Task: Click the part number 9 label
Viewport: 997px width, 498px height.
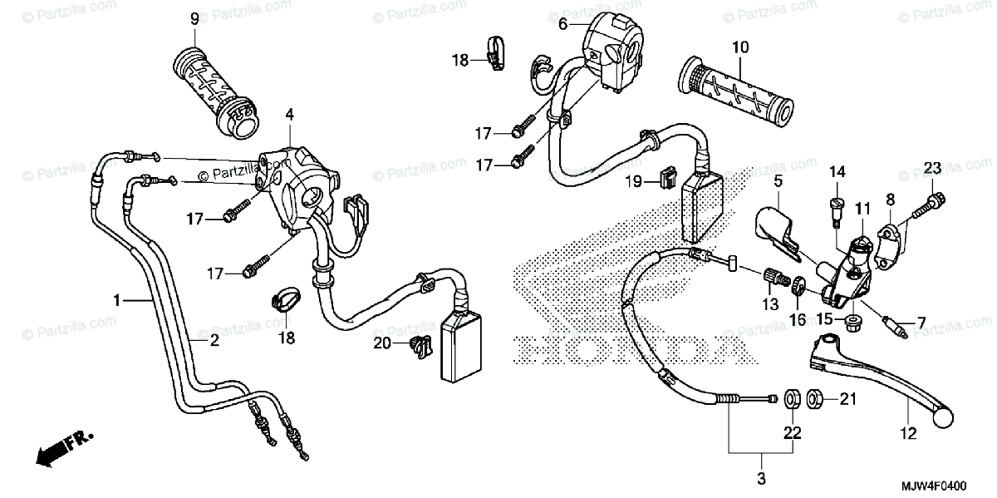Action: click(x=194, y=18)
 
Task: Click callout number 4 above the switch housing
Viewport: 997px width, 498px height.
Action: click(x=289, y=114)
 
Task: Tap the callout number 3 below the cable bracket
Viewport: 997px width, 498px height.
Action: click(x=761, y=479)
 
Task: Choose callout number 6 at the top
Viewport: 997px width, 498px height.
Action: click(x=562, y=24)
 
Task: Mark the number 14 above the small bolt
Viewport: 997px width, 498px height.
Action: click(x=837, y=172)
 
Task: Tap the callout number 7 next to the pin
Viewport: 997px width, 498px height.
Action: click(x=921, y=321)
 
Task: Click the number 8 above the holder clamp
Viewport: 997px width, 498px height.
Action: click(x=890, y=199)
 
